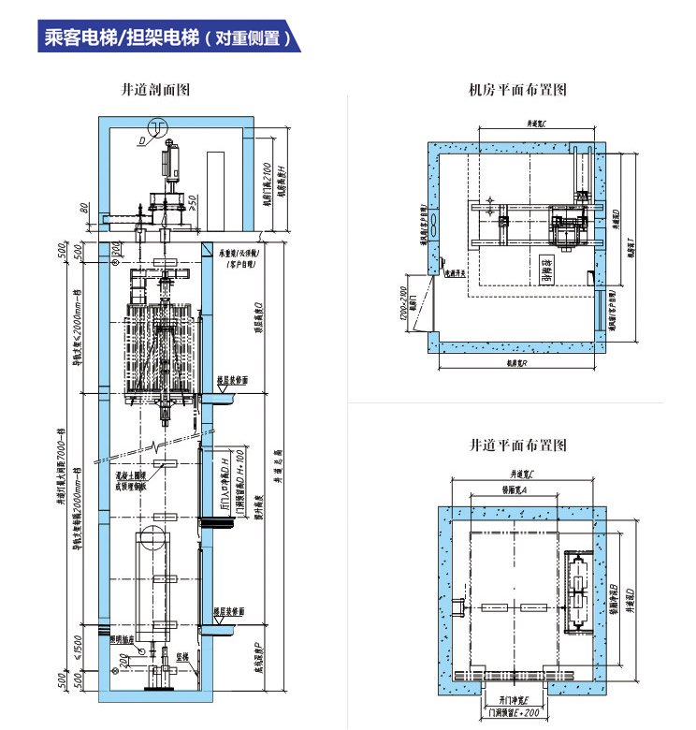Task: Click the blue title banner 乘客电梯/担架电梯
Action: point(168,37)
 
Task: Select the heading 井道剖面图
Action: point(156,91)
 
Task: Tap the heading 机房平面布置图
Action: point(517,91)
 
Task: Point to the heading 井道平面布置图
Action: point(517,445)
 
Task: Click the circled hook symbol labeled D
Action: point(160,127)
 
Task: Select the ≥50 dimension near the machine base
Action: point(191,198)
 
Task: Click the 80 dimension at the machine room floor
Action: point(84,208)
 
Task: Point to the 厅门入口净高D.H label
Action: point(223,483)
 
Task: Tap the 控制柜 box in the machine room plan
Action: point(547,272)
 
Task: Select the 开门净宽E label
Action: point(513,699)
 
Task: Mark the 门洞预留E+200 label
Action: point(513,714)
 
